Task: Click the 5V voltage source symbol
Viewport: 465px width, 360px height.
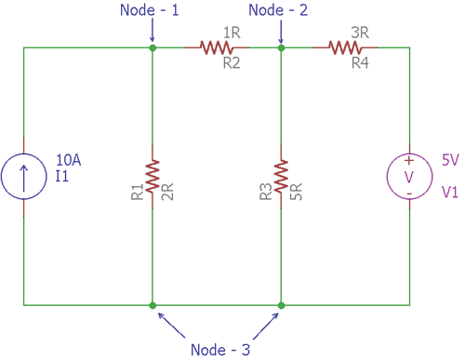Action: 409,175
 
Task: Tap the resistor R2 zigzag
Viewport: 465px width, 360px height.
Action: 216,46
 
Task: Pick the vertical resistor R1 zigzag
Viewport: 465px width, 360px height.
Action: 153,175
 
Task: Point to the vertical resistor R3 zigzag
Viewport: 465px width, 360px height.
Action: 281,175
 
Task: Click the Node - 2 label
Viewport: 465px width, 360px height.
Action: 280,12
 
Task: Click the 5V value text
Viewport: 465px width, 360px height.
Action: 450,159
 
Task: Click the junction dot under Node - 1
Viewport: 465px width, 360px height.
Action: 153,46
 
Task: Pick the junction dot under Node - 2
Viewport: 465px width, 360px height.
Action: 281,46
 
